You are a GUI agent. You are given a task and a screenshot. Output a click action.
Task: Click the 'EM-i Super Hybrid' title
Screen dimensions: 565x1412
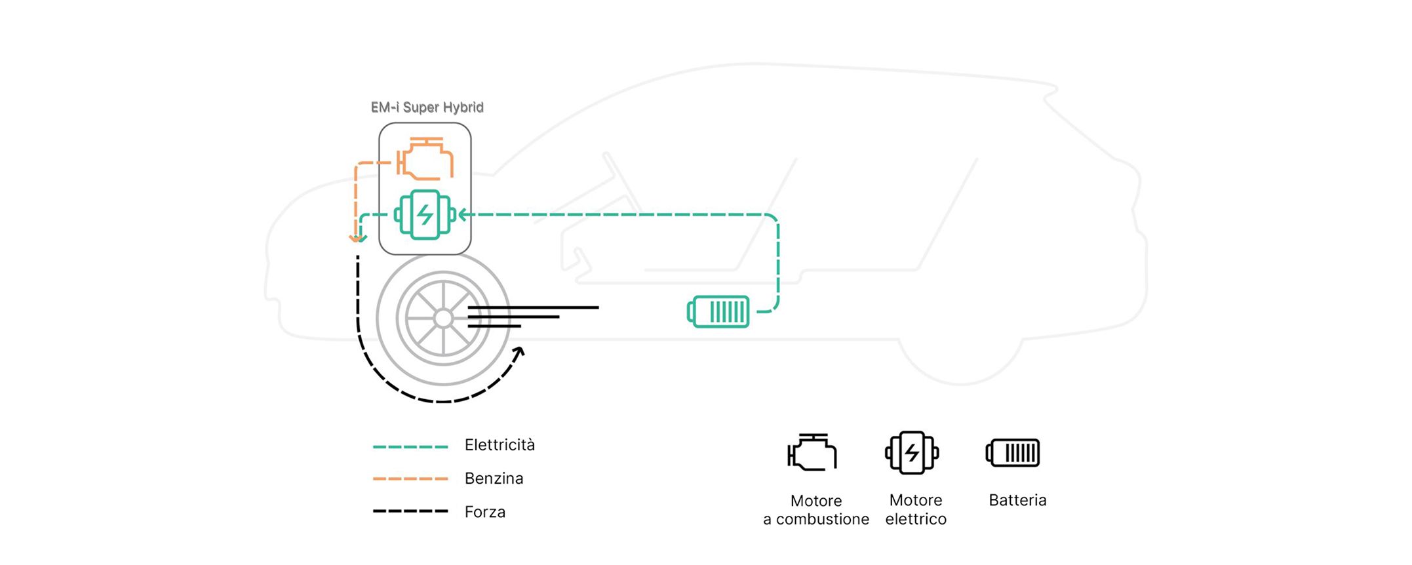click(427, 107)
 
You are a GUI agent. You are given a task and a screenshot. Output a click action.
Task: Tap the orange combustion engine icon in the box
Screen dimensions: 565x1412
click(425, 159)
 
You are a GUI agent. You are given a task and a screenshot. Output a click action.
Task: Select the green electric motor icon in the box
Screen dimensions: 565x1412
click(425, 214)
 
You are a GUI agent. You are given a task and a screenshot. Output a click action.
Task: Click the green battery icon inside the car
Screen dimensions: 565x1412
click(718, 312)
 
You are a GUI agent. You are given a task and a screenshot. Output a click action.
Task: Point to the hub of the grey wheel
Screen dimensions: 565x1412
click(443, 319)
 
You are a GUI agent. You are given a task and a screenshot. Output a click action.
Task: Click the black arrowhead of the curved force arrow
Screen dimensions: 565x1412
click(519, 353)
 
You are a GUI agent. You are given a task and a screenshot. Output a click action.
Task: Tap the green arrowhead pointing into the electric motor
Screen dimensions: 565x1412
click(463, 214)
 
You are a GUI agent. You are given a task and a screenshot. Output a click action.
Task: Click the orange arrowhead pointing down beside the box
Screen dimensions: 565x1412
click(356, 239)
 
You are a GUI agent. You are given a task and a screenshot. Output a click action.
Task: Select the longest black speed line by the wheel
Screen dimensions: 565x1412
click(532, 307)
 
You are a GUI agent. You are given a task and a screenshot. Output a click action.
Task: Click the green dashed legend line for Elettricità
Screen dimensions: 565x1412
click(410, 447)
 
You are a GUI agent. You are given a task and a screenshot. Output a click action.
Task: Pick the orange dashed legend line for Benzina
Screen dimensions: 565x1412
click(410, 479)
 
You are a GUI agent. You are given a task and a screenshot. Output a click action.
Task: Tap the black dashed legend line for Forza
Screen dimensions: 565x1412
click(410, 511)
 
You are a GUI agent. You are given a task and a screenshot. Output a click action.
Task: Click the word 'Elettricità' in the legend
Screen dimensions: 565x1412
click(500, 445)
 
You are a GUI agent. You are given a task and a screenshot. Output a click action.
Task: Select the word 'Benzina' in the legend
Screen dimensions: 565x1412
click(494, 478)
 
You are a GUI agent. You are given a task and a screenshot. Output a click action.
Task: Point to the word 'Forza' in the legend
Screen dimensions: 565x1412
click(484, 512)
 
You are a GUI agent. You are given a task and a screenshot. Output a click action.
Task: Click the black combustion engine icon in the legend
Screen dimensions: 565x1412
click(813, 452)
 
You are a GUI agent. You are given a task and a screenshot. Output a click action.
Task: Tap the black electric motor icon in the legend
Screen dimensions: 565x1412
click(912, 452)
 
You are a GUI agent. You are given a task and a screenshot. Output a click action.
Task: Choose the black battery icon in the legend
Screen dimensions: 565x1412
click(1013, 453)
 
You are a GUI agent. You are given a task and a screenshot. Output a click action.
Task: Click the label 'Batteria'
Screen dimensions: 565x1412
click(1017, 500)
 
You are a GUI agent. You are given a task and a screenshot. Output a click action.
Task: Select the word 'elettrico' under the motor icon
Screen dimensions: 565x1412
click(916, 519)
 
